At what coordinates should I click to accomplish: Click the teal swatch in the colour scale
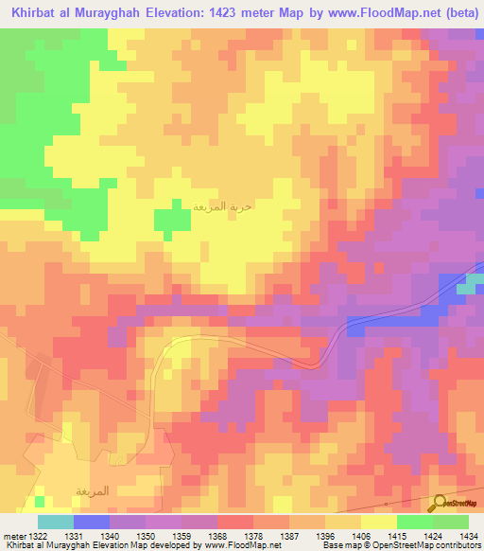55,522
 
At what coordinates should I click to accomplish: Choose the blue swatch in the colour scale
91,522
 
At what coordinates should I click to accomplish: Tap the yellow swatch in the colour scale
378,522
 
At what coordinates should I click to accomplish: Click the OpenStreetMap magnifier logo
440,502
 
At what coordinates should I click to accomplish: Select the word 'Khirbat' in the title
31,13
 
